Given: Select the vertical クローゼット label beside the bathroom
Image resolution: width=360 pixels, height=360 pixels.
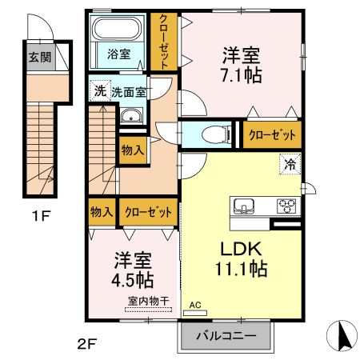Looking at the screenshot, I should [164, 42].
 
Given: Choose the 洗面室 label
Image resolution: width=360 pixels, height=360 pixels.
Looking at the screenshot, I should [129, 92].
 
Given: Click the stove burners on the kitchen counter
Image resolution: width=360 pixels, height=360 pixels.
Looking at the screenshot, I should [286, 206].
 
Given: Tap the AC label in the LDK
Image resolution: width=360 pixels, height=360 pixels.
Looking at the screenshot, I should [195, 305].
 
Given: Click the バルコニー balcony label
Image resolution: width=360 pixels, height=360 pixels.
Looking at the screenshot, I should [226, 337].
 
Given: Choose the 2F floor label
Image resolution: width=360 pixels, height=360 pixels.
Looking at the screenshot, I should [86, 345].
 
